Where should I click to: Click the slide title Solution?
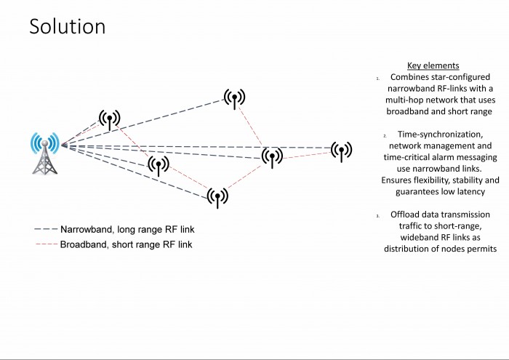point(67,26)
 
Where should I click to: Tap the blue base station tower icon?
point(45,153)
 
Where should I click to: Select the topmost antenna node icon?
point(234,98)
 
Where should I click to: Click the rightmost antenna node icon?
point(341,151)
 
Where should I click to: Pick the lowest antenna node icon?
point(217,197)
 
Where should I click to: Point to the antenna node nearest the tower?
point(109,119)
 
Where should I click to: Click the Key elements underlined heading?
point(433,65)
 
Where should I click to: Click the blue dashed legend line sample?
point(46,229)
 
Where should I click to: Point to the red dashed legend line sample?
point(47,244)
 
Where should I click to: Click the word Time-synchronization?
point(440,135)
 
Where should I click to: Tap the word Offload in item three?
point(403,215)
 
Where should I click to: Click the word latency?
point(470,192)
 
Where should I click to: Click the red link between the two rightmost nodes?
point(307,155)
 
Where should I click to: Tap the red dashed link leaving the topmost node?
point(250,126)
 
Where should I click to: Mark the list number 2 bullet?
point(385,136)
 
